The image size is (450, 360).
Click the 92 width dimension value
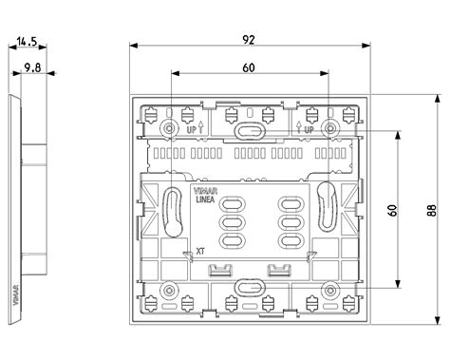coord(249,40)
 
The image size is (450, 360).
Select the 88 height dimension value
coord(432,210)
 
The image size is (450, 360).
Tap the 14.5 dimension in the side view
coord(28,42)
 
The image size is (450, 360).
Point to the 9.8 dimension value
coord(32,67)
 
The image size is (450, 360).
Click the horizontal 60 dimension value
coord(249,67)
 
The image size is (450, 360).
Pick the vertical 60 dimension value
coord(392,210)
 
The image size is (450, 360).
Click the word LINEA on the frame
coord(205,199)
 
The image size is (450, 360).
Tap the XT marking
coord(200,252)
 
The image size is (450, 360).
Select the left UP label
coord(192,130)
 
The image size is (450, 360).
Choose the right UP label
coord(309,130)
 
